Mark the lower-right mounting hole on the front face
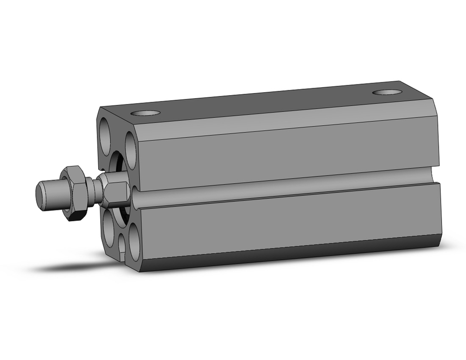(134, 242)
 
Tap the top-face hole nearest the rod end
(144, 113)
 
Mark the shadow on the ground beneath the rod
(70, 266)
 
